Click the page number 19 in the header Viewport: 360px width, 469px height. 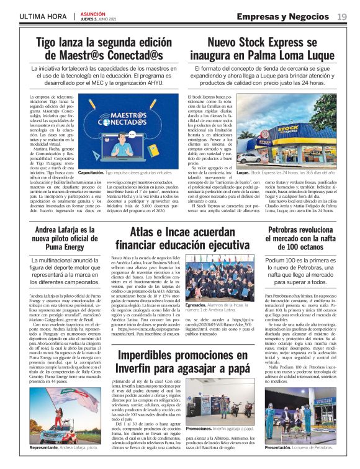click(x=342, y=16)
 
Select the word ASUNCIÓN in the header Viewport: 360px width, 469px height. click(x=93, y=12)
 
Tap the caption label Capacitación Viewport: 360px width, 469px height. click(x=91, y=172)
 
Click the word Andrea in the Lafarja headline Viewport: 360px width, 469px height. click(x=44, y=230)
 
